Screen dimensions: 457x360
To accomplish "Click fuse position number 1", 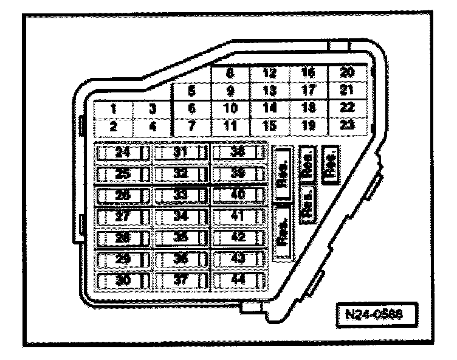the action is pyautogui.click(x=113, y=109).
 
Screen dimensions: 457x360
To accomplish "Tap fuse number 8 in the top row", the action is pyautogui.click(x=230, y=74).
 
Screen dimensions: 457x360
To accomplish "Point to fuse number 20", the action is pyautogui.click(x=347, y=73).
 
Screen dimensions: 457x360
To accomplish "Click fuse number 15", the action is pyautogui.click(x=269, y=126).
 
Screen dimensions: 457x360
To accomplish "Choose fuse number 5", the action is pyautogui.click(x=191, y=92).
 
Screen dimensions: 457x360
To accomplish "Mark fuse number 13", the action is pyautogui.click(x=269, y=92).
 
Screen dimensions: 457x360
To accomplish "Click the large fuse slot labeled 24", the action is pyautogui.click(x=123, y=152).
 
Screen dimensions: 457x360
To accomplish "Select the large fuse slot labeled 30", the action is pyautogui.click(x=123, y=280).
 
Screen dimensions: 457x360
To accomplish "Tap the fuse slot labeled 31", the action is pyautogui.click(x=180, y=152).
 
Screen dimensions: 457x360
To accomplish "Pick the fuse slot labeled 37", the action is pyautogui.click(x=180, y=280).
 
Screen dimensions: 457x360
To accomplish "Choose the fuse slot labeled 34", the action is pyautogui.click(x=180, y=216).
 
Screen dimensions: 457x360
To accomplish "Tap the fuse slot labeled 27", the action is pyautogui.click(x=123, y=216).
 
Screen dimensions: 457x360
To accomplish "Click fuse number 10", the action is pyautogui.click(x=230, y=109).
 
